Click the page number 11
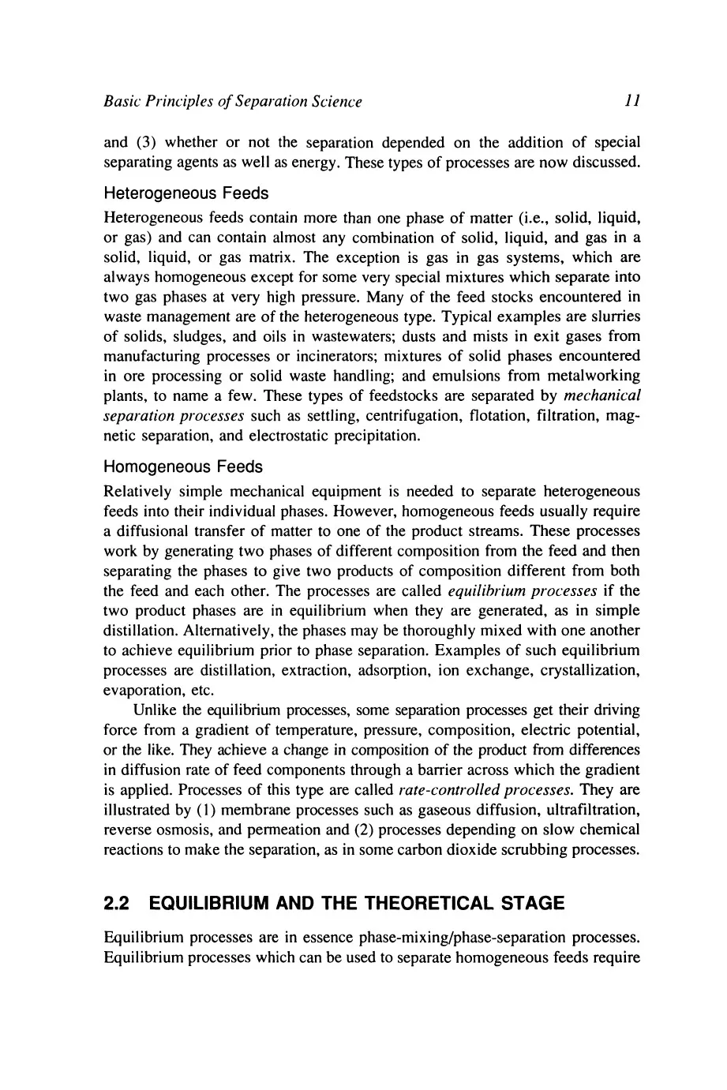pyautogui.click(x=631, y=102)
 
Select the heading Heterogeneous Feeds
pyautogui.click(x=186, y=193)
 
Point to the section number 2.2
pyautogui.click(x=119, y=905)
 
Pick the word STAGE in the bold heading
pyautogui.click(x=526, y=905)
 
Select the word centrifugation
pyautogui.click(x=385, y=417)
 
